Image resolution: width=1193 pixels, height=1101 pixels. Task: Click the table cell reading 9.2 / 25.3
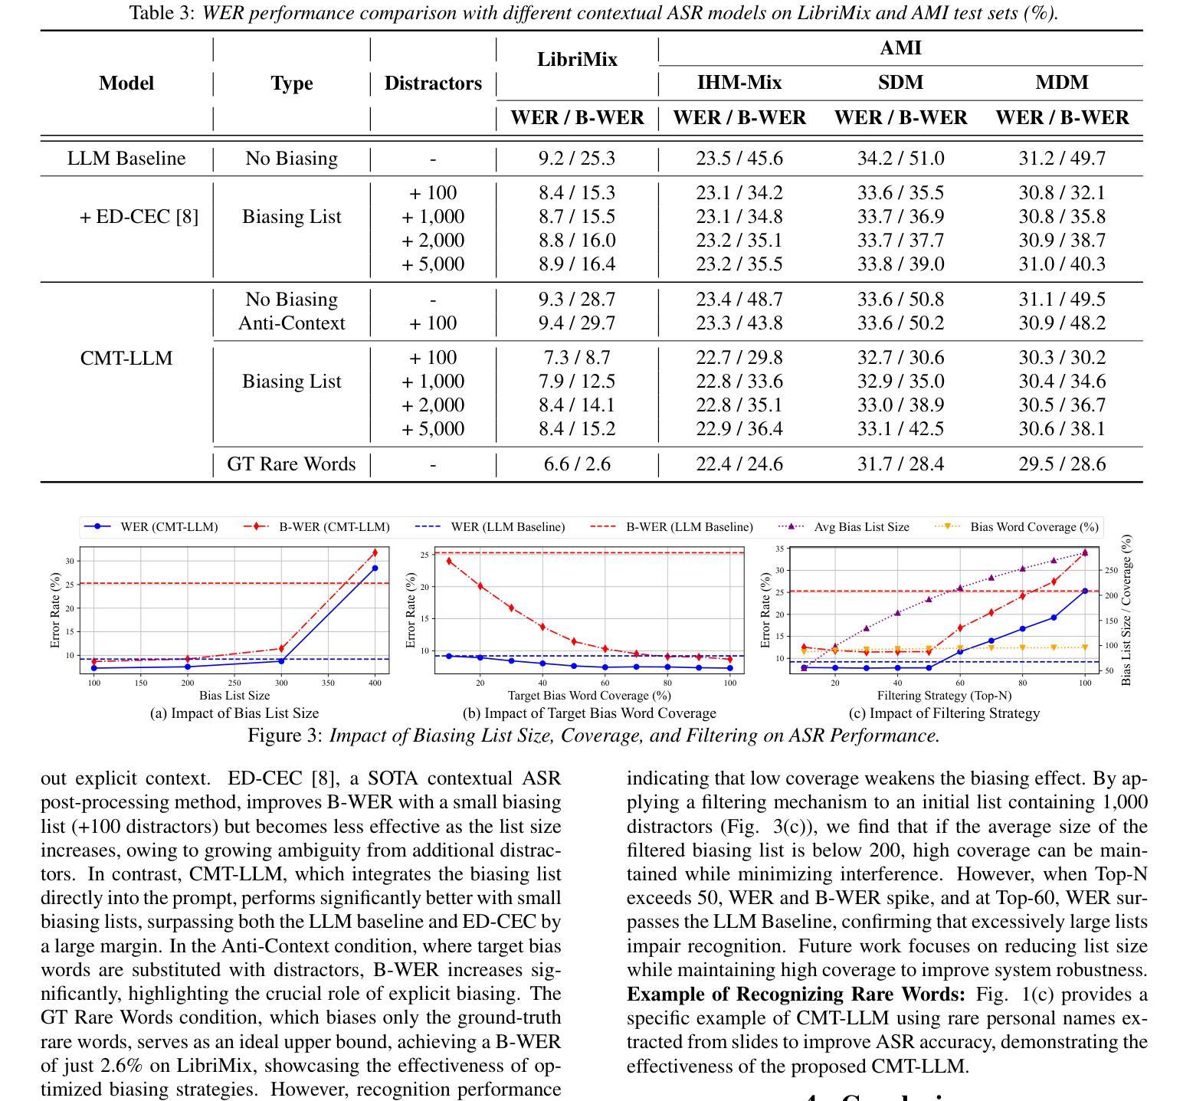pyautogui.click(x=577, y=159)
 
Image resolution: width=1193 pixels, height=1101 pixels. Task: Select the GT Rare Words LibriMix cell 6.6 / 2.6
pyautogui.click(x=577, y=464)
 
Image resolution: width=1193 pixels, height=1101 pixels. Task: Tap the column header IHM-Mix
pyautogui.click(x=739, y=83)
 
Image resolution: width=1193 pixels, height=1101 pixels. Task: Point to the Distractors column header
pyautogui.click(x=433, y=84)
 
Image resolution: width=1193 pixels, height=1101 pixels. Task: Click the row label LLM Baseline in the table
pyautogui.click(x=126, y=159)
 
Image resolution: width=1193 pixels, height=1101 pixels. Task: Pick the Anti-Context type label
pyautogui.click(x=292, y=323)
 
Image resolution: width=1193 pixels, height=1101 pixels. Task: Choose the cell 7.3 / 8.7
pyautogui.click(x=577, y=358)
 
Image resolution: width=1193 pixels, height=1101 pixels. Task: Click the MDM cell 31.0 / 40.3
pyautogui.click(x=1062, y=264)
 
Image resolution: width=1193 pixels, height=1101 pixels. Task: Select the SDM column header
pyautogui.click(x=900, y=83)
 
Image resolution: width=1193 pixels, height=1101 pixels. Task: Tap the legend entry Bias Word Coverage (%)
pyautogui.click(x=1034, y=527)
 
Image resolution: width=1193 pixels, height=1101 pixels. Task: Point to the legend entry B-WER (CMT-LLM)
pyautogui.click(x=333, y=527)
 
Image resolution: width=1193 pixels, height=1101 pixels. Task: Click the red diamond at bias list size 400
pyautogui.click(x=375, y=552)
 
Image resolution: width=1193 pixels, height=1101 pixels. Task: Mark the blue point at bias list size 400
pyautogui.click(x=375, y=568)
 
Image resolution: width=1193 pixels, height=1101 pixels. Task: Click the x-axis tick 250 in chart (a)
pyautogui.click(x=234, y=683)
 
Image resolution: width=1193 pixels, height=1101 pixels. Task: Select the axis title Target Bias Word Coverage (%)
pyautogui.click(x=589, y=696)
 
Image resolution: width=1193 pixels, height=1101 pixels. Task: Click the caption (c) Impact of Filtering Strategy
pyautogui.click(x=944, y=713)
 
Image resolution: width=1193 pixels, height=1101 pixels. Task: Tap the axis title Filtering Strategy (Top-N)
pyautogui.click(x=944, y=696)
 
